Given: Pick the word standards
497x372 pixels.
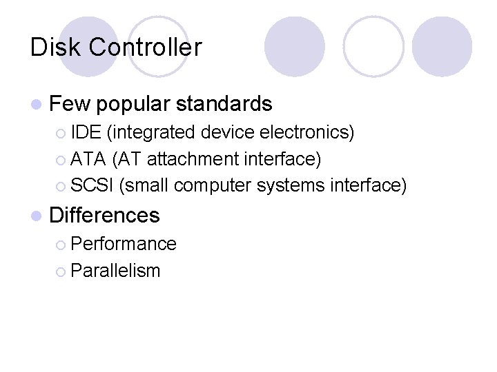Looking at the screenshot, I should (224, 104).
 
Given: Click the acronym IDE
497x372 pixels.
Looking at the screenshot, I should (85, 131).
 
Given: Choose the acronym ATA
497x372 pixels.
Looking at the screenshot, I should (88, 159).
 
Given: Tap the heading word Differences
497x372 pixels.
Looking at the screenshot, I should (105, 215).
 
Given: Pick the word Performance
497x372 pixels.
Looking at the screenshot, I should (124, 243).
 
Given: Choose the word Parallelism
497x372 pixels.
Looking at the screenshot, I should (115, 271).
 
